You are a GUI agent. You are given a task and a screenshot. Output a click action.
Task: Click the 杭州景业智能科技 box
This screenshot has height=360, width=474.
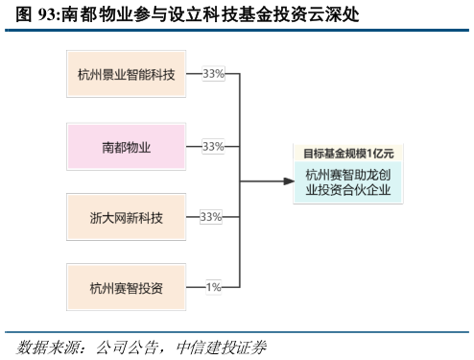126,74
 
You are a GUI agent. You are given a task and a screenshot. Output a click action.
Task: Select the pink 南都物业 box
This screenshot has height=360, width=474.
126,147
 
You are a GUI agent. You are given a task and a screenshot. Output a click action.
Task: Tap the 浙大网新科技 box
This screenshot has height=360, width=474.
126,217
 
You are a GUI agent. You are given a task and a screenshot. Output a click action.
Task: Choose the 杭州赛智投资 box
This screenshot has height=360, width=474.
126,287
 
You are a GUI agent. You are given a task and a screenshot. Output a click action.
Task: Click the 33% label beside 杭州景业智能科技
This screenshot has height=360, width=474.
213,74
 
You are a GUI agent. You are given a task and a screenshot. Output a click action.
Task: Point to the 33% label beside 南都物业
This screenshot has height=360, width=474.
213,147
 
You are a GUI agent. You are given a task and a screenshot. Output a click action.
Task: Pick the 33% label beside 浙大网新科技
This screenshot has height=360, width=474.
211,217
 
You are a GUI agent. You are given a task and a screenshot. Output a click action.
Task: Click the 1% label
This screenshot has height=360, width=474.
213,287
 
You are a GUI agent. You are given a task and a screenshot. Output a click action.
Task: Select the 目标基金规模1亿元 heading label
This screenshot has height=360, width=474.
348,154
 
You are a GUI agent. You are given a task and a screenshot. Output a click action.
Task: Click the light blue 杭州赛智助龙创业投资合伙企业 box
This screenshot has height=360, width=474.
349,181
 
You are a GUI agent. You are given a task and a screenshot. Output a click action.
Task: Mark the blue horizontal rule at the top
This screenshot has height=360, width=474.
237,30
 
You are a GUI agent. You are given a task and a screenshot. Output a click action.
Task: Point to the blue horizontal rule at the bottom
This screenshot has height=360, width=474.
237,332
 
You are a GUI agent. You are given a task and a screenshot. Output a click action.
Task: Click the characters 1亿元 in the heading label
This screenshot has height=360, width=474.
380,154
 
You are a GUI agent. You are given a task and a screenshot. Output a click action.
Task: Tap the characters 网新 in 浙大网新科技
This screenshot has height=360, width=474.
126,217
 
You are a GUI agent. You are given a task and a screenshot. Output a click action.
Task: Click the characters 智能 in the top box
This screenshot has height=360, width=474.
138,74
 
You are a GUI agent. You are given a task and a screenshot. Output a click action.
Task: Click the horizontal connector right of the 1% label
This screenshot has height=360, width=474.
231,287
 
